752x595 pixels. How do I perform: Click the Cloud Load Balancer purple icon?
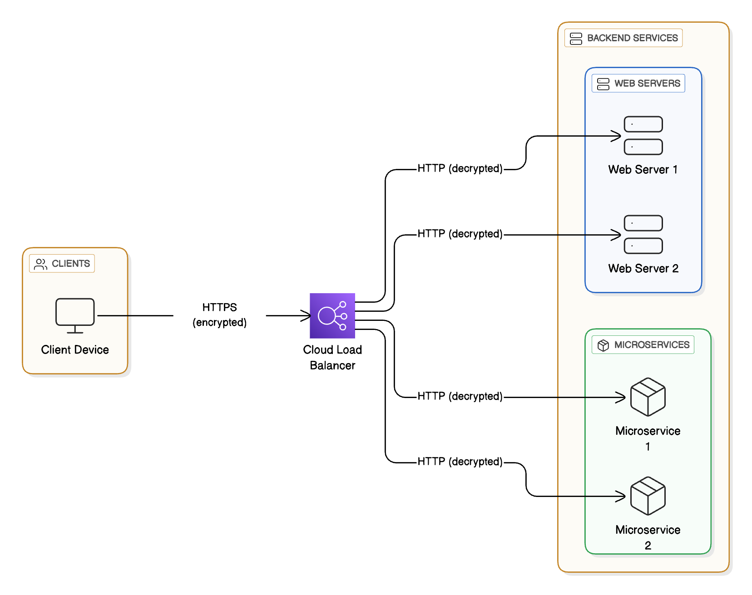pyautogui.click(x=332, y=315)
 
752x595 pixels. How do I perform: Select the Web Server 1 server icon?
pyautogui.click(x=643, y=135)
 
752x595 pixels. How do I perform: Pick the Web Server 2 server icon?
pyautogui.click(x=643, y=234)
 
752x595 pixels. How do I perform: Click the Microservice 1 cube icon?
pyautogui.click(x=648, y=397)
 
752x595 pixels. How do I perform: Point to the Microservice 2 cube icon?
pyautogui.click(x=648, y=496)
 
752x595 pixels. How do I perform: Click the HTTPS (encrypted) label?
pyautogui.click(x=219, y=315)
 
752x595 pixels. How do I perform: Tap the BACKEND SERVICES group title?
pyautogui.click(x=632, y=38)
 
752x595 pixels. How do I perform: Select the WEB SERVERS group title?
pyautogui.click(x=647, y=84)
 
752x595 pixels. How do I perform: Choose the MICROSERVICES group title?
pyautogui.click(x=651, y=345)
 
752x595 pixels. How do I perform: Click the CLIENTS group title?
pyautogui.click(x=70, y=264)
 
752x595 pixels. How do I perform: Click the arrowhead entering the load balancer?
pyautogui.click(x=307, y=315)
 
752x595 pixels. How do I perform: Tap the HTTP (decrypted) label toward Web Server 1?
pyautogui.click(x=460, y=168)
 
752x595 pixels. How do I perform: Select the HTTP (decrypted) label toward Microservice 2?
pyautogui.click(x=460, y=462)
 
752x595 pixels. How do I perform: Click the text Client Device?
pyautogui.click(x=75, y=349)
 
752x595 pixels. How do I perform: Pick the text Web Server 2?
pyautogui.click(x=643, y=268)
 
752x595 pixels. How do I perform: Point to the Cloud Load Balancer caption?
pyautogui.click(x=332, y=358)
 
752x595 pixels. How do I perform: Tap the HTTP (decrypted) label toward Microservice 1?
pyautogui.click(x=460, y=396)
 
